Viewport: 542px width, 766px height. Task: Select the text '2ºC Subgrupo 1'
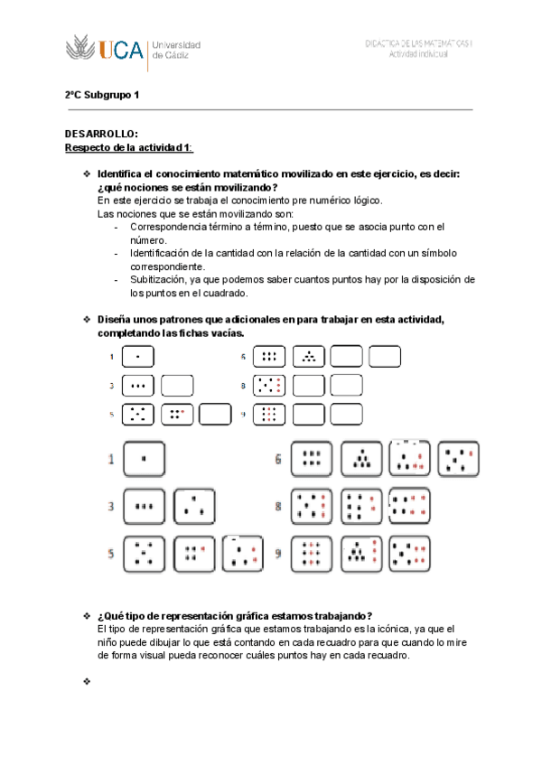click(102, 94)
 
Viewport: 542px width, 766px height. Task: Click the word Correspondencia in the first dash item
click(169, 228)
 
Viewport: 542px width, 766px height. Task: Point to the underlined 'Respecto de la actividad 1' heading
click(128, 147)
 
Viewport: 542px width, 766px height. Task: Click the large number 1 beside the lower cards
click(112, 461)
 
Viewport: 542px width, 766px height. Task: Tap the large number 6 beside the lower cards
click(279, 459)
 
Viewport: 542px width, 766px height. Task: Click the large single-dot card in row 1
click(144, 460)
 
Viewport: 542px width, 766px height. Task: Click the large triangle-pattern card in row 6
click(361, 459)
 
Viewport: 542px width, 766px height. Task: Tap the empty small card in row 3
click(177, 387)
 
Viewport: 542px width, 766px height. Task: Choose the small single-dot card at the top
click(137, 358)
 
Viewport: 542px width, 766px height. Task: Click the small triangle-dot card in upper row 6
click(309, 358)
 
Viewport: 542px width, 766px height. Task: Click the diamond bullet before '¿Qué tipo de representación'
click(87, 615)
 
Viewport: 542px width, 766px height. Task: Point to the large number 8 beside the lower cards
click(279, 506)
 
